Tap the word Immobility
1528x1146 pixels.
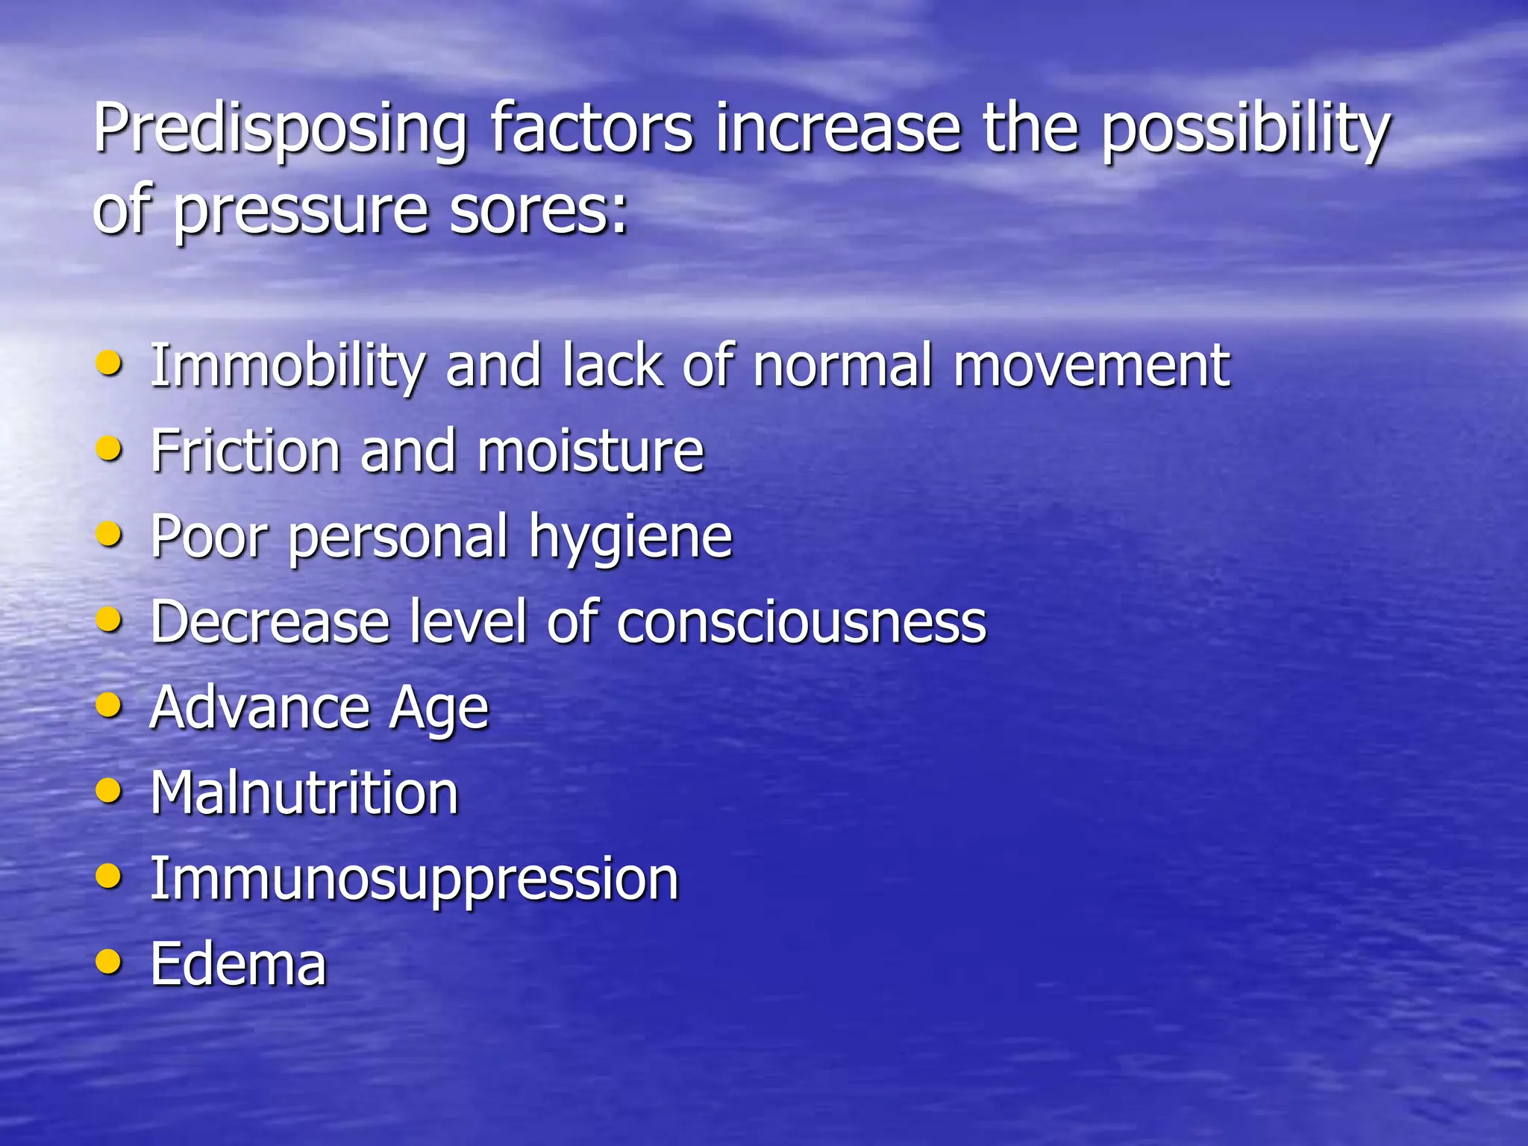click(288, 367)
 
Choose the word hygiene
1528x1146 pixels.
click(630, 537)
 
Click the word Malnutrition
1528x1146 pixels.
click(304, 792)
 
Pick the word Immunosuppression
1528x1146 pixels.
click(414, 880)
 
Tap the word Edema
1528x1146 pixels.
click(239, 963)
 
